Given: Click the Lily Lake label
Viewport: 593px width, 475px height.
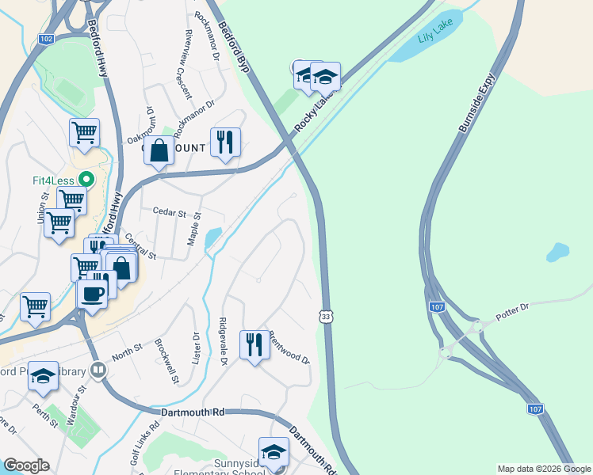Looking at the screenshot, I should click(434, 37).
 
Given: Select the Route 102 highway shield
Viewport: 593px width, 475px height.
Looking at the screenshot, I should click(46, 38).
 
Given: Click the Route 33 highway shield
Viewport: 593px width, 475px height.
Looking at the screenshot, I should click(326, 316).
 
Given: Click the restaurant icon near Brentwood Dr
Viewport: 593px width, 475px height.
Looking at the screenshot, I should click(254, 344).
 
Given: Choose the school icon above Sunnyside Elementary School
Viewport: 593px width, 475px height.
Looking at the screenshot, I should click(274, 452).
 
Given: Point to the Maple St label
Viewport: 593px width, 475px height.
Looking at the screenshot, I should click(193, 228).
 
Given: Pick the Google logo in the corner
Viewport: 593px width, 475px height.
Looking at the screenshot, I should click(25, 465).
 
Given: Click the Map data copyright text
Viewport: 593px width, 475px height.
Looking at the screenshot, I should click(543, 469).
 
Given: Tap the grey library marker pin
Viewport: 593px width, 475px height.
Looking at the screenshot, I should click(98, 369).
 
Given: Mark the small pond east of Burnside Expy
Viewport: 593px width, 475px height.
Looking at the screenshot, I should click(557, 253).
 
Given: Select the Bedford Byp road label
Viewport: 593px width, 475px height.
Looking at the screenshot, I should click(235, 48).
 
